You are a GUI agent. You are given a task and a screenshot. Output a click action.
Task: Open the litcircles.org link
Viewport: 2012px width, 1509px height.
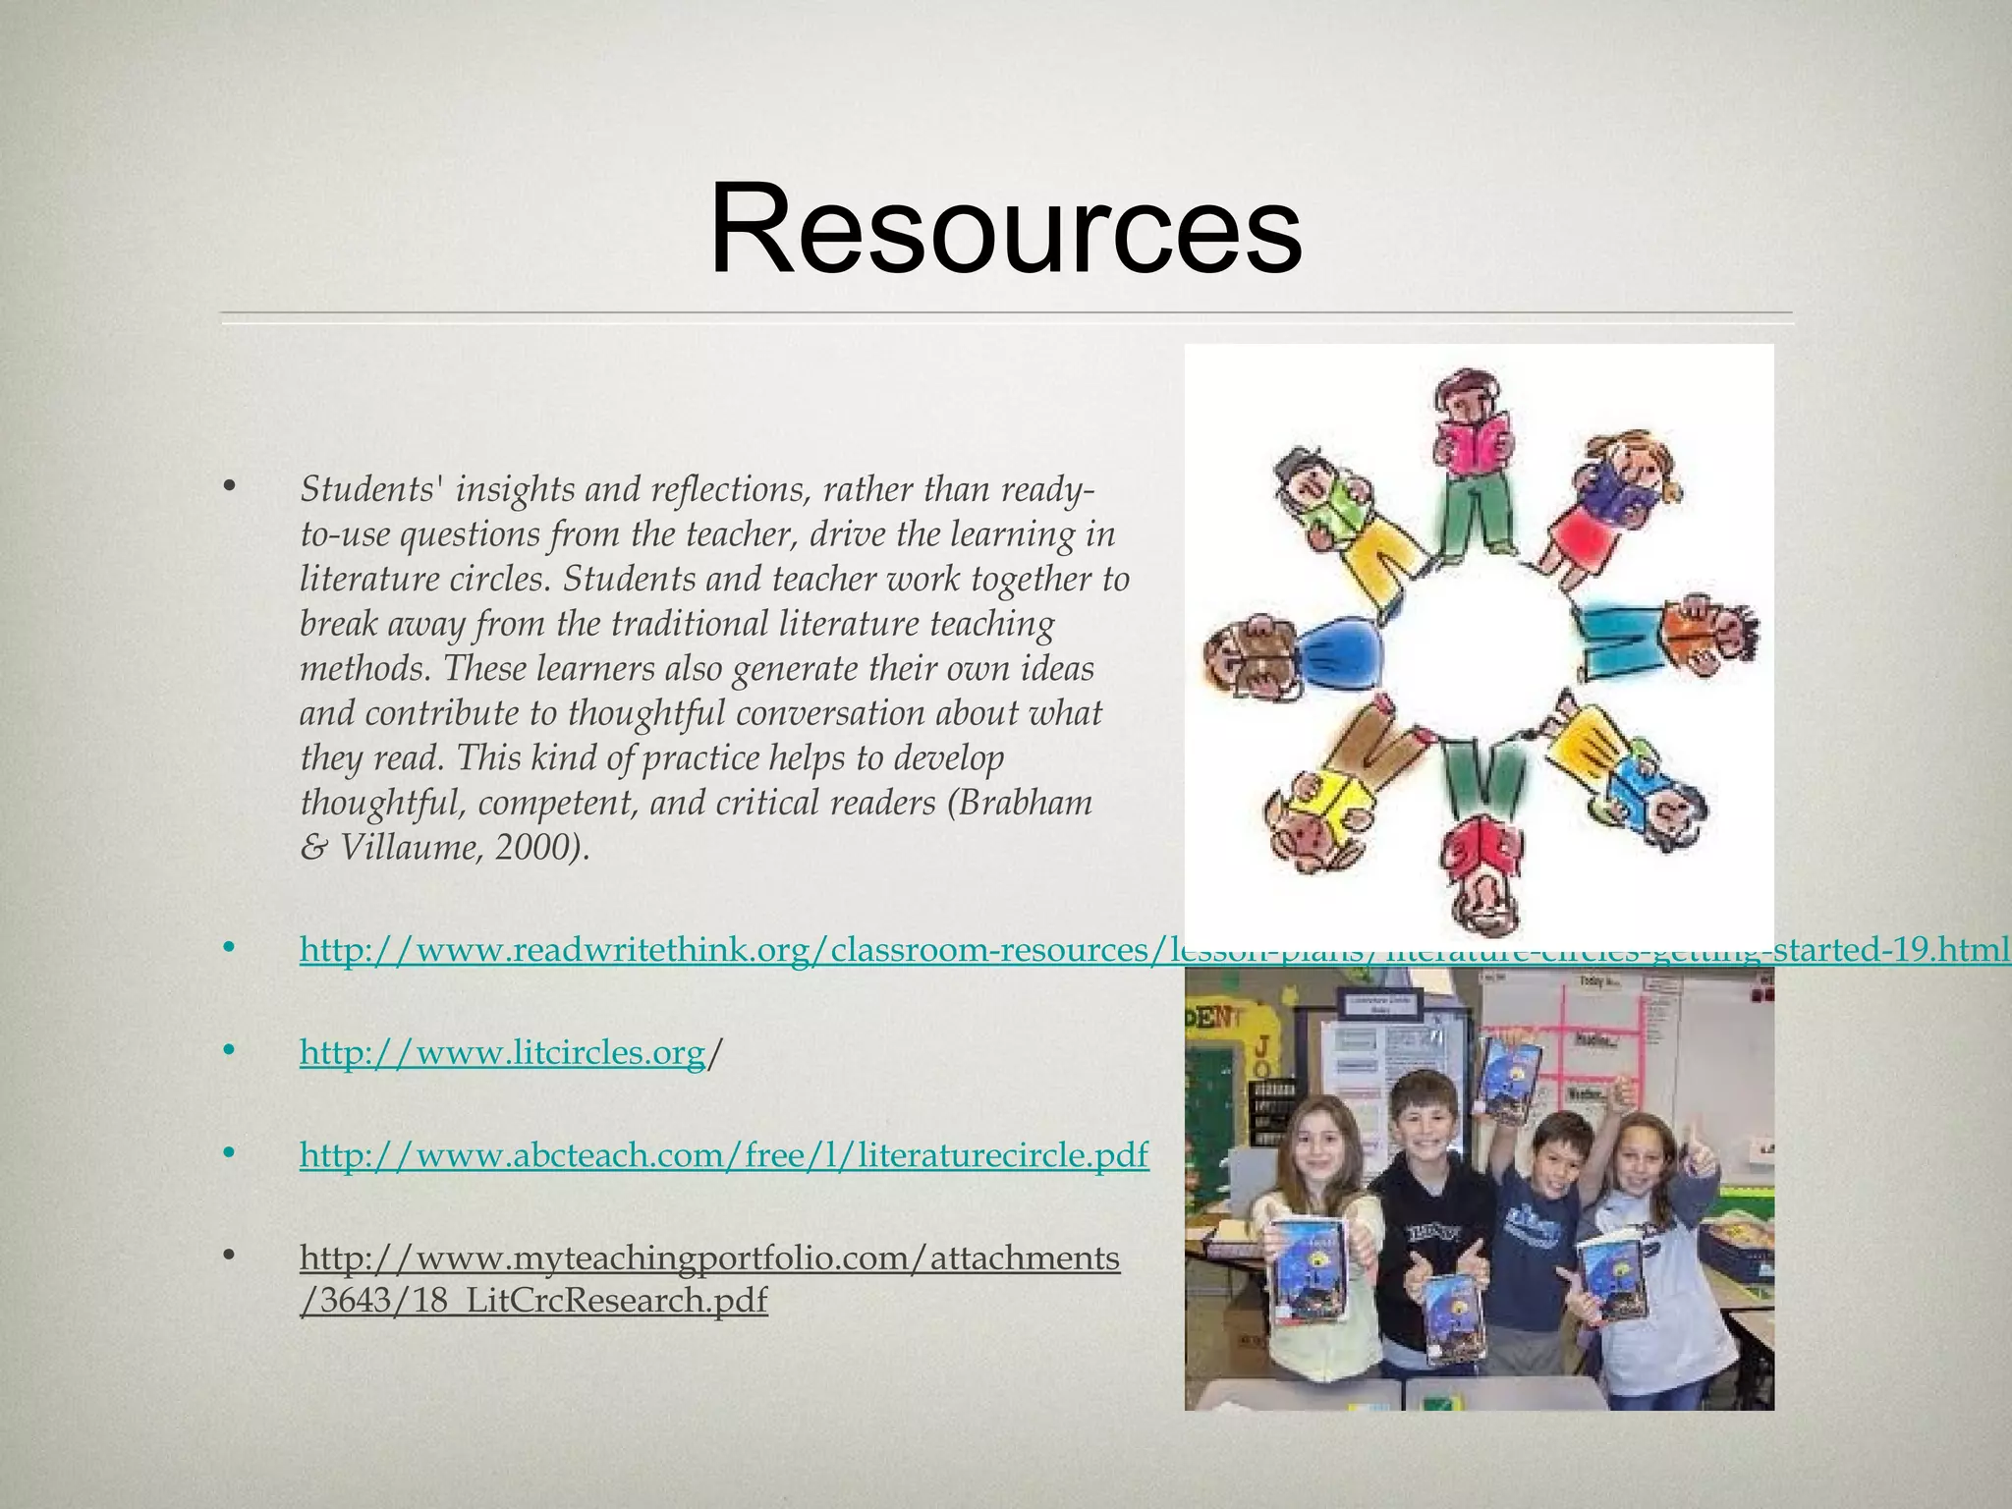click(x=502, y=1053)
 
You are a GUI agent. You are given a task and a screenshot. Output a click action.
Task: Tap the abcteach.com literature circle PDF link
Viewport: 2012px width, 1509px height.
click(x=723, y=1155)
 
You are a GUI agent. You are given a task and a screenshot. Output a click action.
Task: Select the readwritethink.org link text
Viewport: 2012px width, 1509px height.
click(x=727, y=950)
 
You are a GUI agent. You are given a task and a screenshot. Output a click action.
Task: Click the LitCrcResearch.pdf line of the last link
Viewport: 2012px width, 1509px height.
click(x=532, y=1301)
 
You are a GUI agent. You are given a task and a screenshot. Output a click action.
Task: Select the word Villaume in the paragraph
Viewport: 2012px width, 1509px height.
click(x=410, y=847)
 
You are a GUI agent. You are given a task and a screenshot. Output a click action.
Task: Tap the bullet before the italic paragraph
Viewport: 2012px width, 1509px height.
click(x=230, y=486)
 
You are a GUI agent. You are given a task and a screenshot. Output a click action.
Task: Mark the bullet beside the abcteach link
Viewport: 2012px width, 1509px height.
click(x=230, y=1153)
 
